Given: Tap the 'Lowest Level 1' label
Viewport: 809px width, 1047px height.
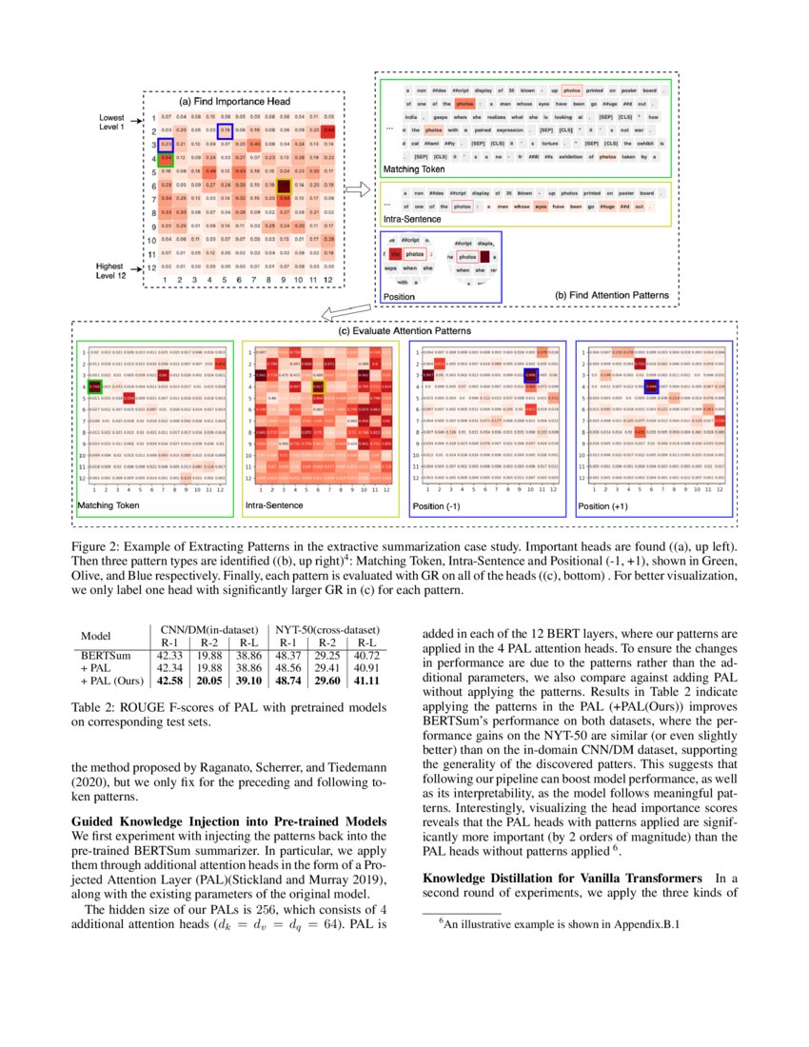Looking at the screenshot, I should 112,123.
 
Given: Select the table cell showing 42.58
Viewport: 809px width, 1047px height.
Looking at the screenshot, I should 170,681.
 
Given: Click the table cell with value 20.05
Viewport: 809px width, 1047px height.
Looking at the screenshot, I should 208,681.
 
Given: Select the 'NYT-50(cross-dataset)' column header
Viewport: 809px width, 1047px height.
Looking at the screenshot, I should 324,630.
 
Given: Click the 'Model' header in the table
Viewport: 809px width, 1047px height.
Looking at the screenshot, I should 96,636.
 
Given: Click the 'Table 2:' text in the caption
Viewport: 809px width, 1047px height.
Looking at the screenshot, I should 96,708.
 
